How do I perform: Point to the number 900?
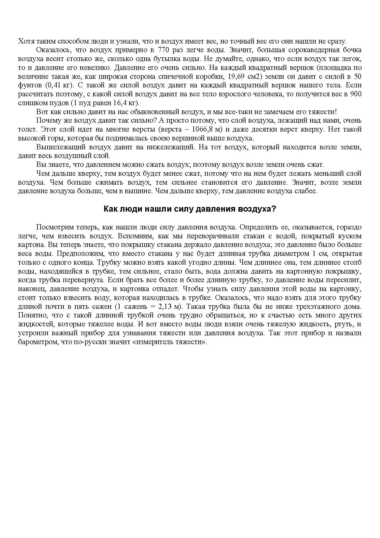(x=356, y=94)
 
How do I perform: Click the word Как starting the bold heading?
(x=110, y=209)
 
